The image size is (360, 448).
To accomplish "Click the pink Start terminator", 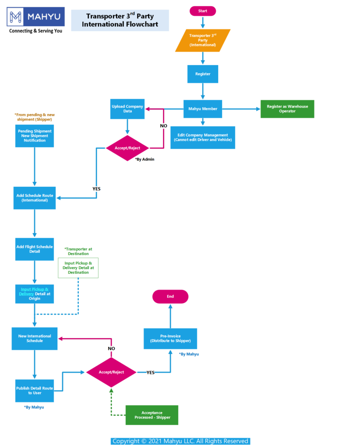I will point(202,11).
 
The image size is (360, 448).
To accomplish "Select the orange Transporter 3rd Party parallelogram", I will point(202,40).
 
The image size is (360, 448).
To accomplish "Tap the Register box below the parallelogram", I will point(202,74).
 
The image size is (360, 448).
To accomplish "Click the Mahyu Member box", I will point(202,109).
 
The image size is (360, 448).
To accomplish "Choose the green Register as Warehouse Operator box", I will point(287,109).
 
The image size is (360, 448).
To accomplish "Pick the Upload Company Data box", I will point(127,109).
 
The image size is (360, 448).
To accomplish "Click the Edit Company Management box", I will point(202,137).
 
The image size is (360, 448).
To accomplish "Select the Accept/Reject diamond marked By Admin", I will point(127,148).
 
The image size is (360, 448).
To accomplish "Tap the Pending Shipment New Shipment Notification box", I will point(35,136).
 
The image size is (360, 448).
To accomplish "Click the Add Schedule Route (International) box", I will point(35,198).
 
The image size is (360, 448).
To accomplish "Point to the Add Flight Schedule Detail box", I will point(35,249).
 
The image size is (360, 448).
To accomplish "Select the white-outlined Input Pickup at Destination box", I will point(78,268).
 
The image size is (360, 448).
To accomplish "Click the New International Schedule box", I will point(35,338).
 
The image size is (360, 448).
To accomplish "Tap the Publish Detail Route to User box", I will point(35,390).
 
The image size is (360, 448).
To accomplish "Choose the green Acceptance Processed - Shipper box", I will point(152,415).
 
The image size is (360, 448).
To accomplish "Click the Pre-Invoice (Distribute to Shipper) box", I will point(170,338).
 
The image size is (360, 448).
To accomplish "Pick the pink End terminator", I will point(170,297).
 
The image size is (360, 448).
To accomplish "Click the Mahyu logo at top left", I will point(35,17).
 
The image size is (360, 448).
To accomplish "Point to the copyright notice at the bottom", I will point(180,441).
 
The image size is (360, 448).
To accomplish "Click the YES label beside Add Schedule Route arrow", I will point(96,189).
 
